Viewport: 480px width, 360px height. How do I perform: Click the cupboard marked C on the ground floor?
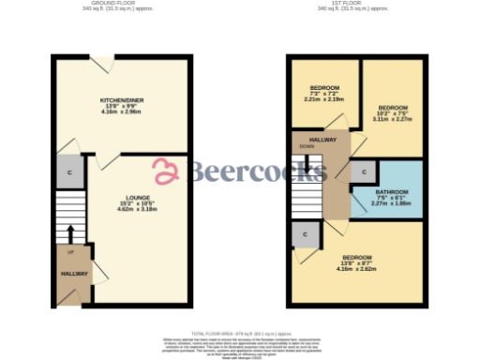click(68, 173)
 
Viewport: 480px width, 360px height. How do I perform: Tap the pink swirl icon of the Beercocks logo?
click(167, 171)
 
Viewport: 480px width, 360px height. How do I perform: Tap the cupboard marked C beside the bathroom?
click(362, 172)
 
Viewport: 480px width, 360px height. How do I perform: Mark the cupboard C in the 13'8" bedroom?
click(304, 234)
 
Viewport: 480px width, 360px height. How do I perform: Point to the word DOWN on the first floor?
click(307, 147)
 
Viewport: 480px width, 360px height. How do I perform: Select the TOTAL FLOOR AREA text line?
click(240, 332)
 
